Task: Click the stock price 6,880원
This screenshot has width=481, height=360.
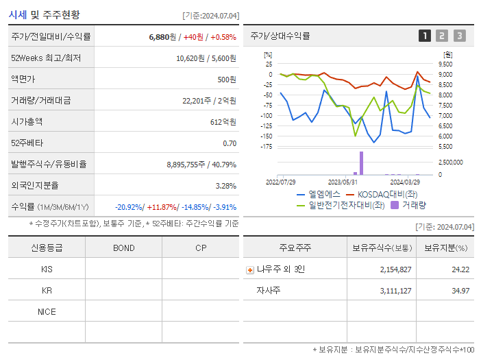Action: tap(162, 36)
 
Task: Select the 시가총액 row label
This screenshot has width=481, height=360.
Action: tap(27, 121)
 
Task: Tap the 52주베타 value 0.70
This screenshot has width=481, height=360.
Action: tap(230, 143)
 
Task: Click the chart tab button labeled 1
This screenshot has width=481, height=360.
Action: tap(425, 36)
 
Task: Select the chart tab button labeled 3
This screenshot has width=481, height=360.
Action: tap(459, 36)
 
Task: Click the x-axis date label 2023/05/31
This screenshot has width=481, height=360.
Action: tap(343, 182)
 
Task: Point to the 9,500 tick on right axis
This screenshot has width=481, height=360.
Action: tap(445, 64)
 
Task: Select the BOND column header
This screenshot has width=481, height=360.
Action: tap(123, 248)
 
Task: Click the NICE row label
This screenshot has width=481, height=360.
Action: tap(47, 311)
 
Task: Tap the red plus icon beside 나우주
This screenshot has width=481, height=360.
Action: tap(249, 269)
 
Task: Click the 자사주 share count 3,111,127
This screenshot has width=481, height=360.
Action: tap(395, 291)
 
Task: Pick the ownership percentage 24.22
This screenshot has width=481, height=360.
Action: tap(460, 269)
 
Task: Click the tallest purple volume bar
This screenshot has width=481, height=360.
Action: tap(361, 163)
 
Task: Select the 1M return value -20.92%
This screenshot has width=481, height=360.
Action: tap(129, 207)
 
